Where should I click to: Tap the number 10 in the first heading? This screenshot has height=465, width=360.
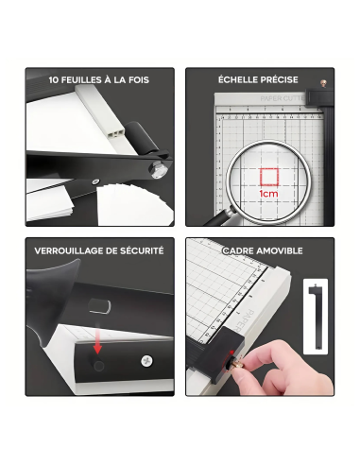(x=55, y=80)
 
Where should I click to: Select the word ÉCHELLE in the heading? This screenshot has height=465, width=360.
(x=239, y=80)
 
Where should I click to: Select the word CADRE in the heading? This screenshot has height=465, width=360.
(x=238, y=251)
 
